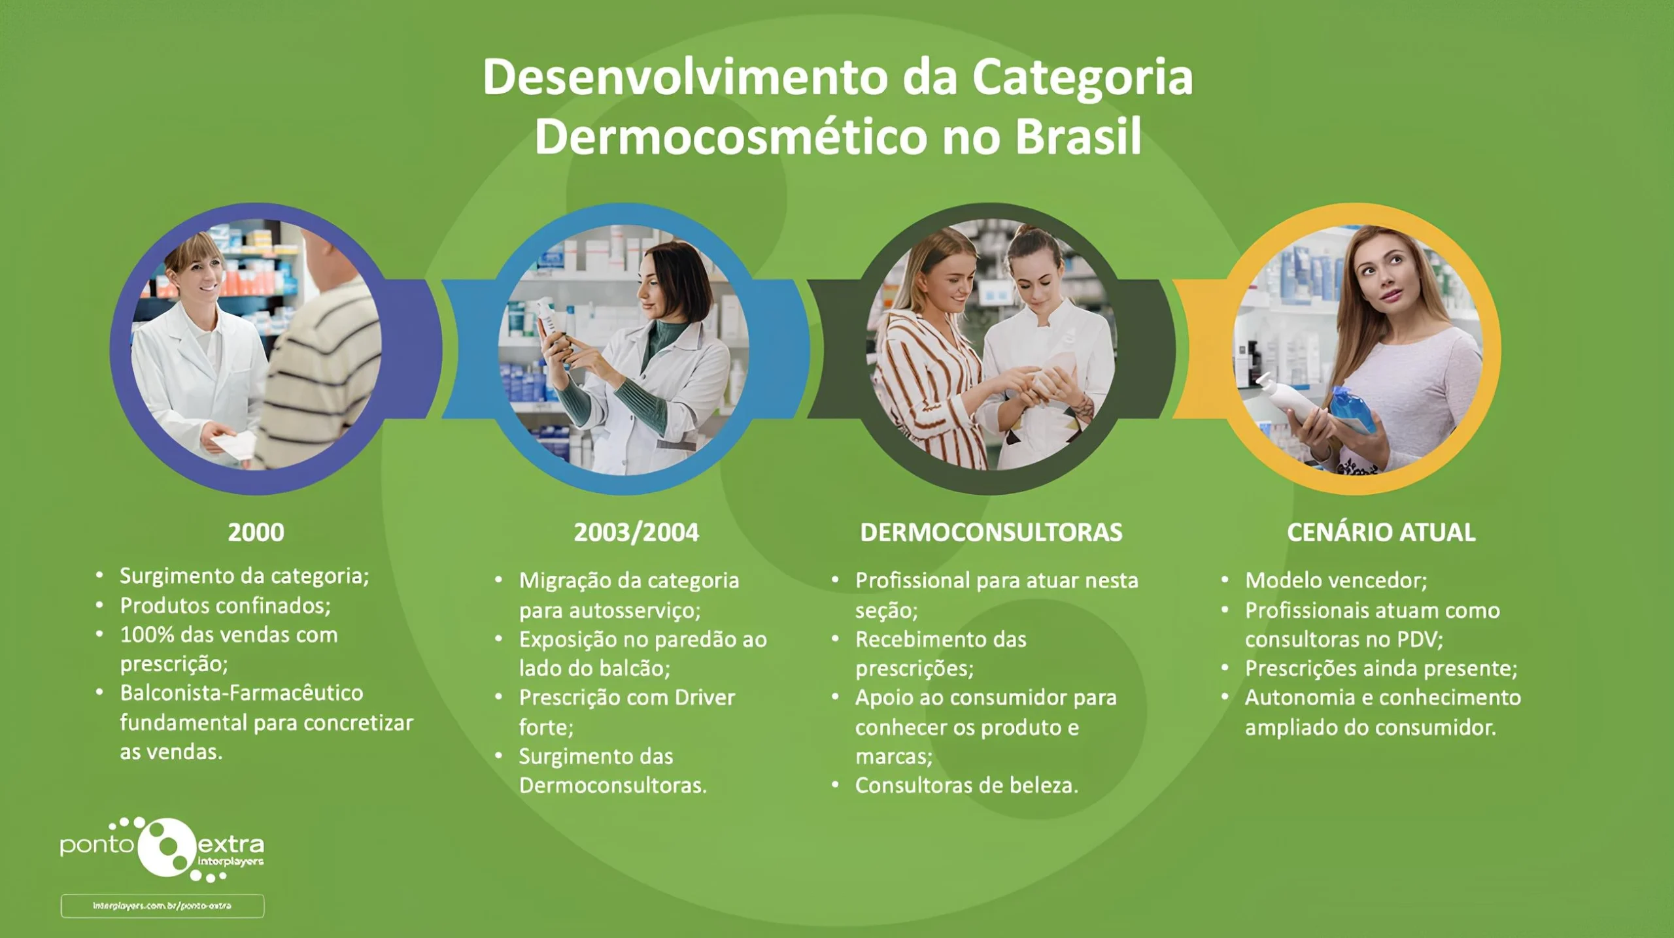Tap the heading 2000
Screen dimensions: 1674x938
[x=256, y=532]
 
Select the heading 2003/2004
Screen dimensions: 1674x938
[x=636, y=532]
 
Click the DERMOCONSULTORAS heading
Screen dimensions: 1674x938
[x=991, y=532]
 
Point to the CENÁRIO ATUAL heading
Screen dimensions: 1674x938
[x=1381, y=532]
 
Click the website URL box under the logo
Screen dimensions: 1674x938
[x=162, y=906]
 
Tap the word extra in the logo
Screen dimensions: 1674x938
[x=231, y=845]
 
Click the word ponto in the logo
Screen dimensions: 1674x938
[x=97, y=845]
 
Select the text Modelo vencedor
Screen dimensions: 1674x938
[x=1335, y=580]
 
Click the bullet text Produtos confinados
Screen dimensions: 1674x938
[x=225, y=606]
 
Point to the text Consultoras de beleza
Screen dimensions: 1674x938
[x=966, y=785]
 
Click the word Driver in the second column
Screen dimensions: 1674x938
[x=705, y=697]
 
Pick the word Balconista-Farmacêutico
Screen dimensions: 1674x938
[x=241, y=693]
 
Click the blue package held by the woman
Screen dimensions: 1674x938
[x=1354, y=409]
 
